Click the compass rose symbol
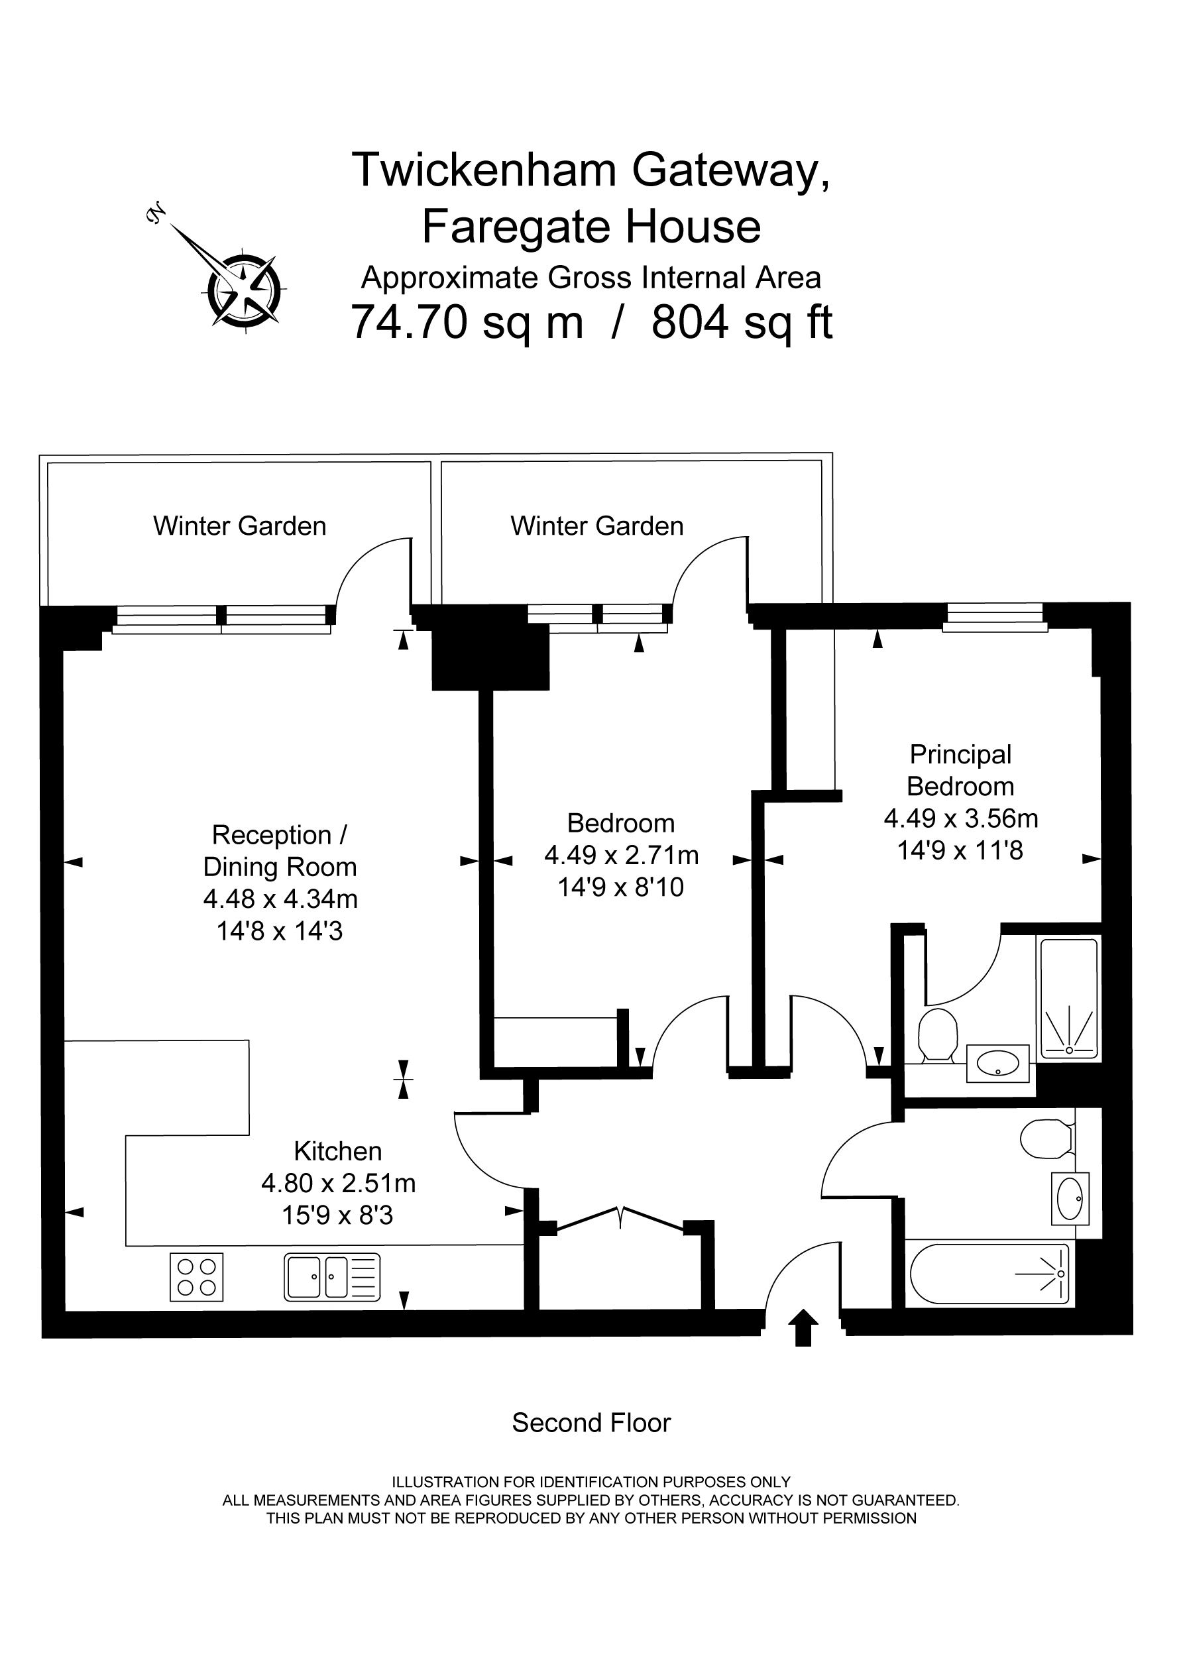(x=243, y=291)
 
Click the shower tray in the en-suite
(x=1068, y=999)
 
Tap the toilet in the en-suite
(x=938, y=1035)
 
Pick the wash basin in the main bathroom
(x=1070, y=1198)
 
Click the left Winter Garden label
(x=239, y=526)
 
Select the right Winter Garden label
(x=596, y=526)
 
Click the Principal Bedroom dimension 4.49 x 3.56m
(x=960, y=818)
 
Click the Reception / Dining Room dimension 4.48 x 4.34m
(x=280, y=899)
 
